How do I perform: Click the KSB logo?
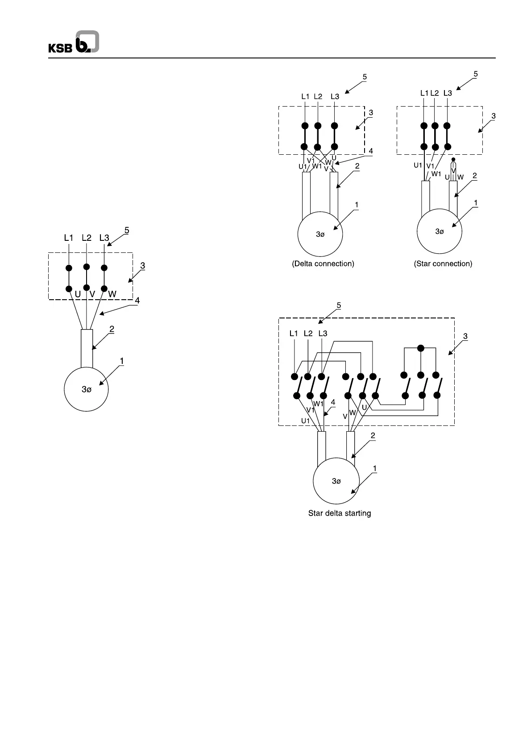click(74, 43)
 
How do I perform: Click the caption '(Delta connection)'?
click(323, 264)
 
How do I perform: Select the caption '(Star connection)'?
click(443, 264)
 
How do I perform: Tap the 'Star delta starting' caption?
click(340, 513)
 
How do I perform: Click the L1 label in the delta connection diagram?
click(305, 96)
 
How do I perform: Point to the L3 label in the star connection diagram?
click(448, 93)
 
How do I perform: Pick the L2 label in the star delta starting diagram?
click(308, 334)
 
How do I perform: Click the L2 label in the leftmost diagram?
click(87, 238)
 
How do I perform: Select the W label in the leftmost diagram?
click(112, 294)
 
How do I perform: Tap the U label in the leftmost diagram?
click(78, 294)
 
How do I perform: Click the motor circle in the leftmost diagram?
click(87, 389)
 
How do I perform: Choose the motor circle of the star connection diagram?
click(439, 231)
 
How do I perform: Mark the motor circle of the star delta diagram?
click(336, 481)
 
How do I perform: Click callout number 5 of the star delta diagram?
click(339, 305)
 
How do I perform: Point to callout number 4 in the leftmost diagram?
click(137, 301)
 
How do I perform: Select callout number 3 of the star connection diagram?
click(493, 116)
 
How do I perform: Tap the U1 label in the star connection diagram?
click(418, 165)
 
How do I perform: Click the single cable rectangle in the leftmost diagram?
click(87, 348)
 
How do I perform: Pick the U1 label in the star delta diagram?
click(305, 421)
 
